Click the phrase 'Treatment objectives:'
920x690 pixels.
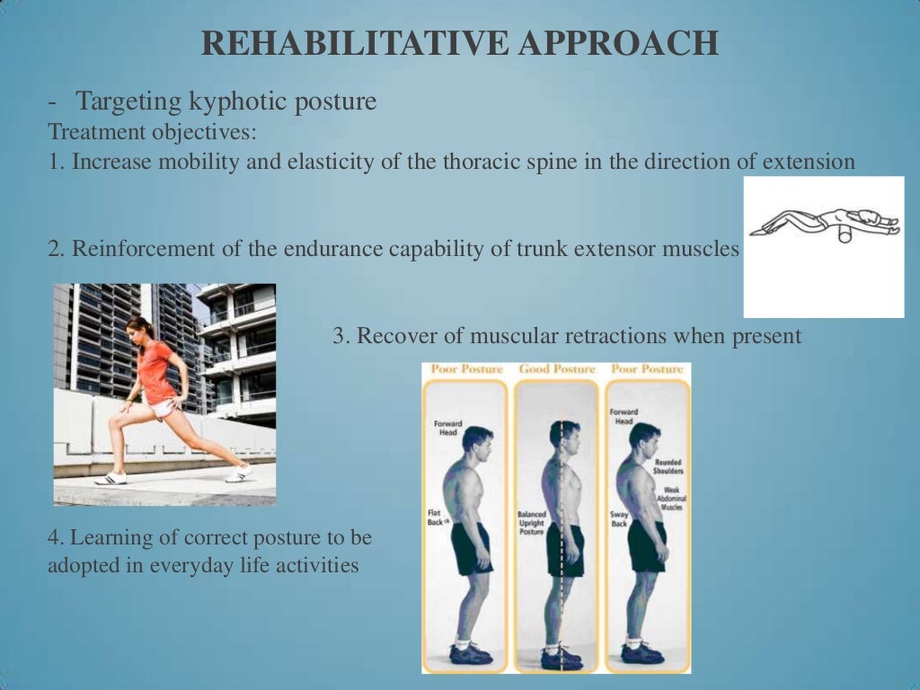coord(152,132)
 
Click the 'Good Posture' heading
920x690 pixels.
coord(557,369)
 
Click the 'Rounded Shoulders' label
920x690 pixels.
coord(668,465)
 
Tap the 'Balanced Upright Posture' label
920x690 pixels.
coord(531,523)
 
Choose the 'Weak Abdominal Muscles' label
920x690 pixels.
coord(669,498)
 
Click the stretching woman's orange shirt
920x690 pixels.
coord(156,371)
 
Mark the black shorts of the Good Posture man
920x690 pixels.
coord(564,548)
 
